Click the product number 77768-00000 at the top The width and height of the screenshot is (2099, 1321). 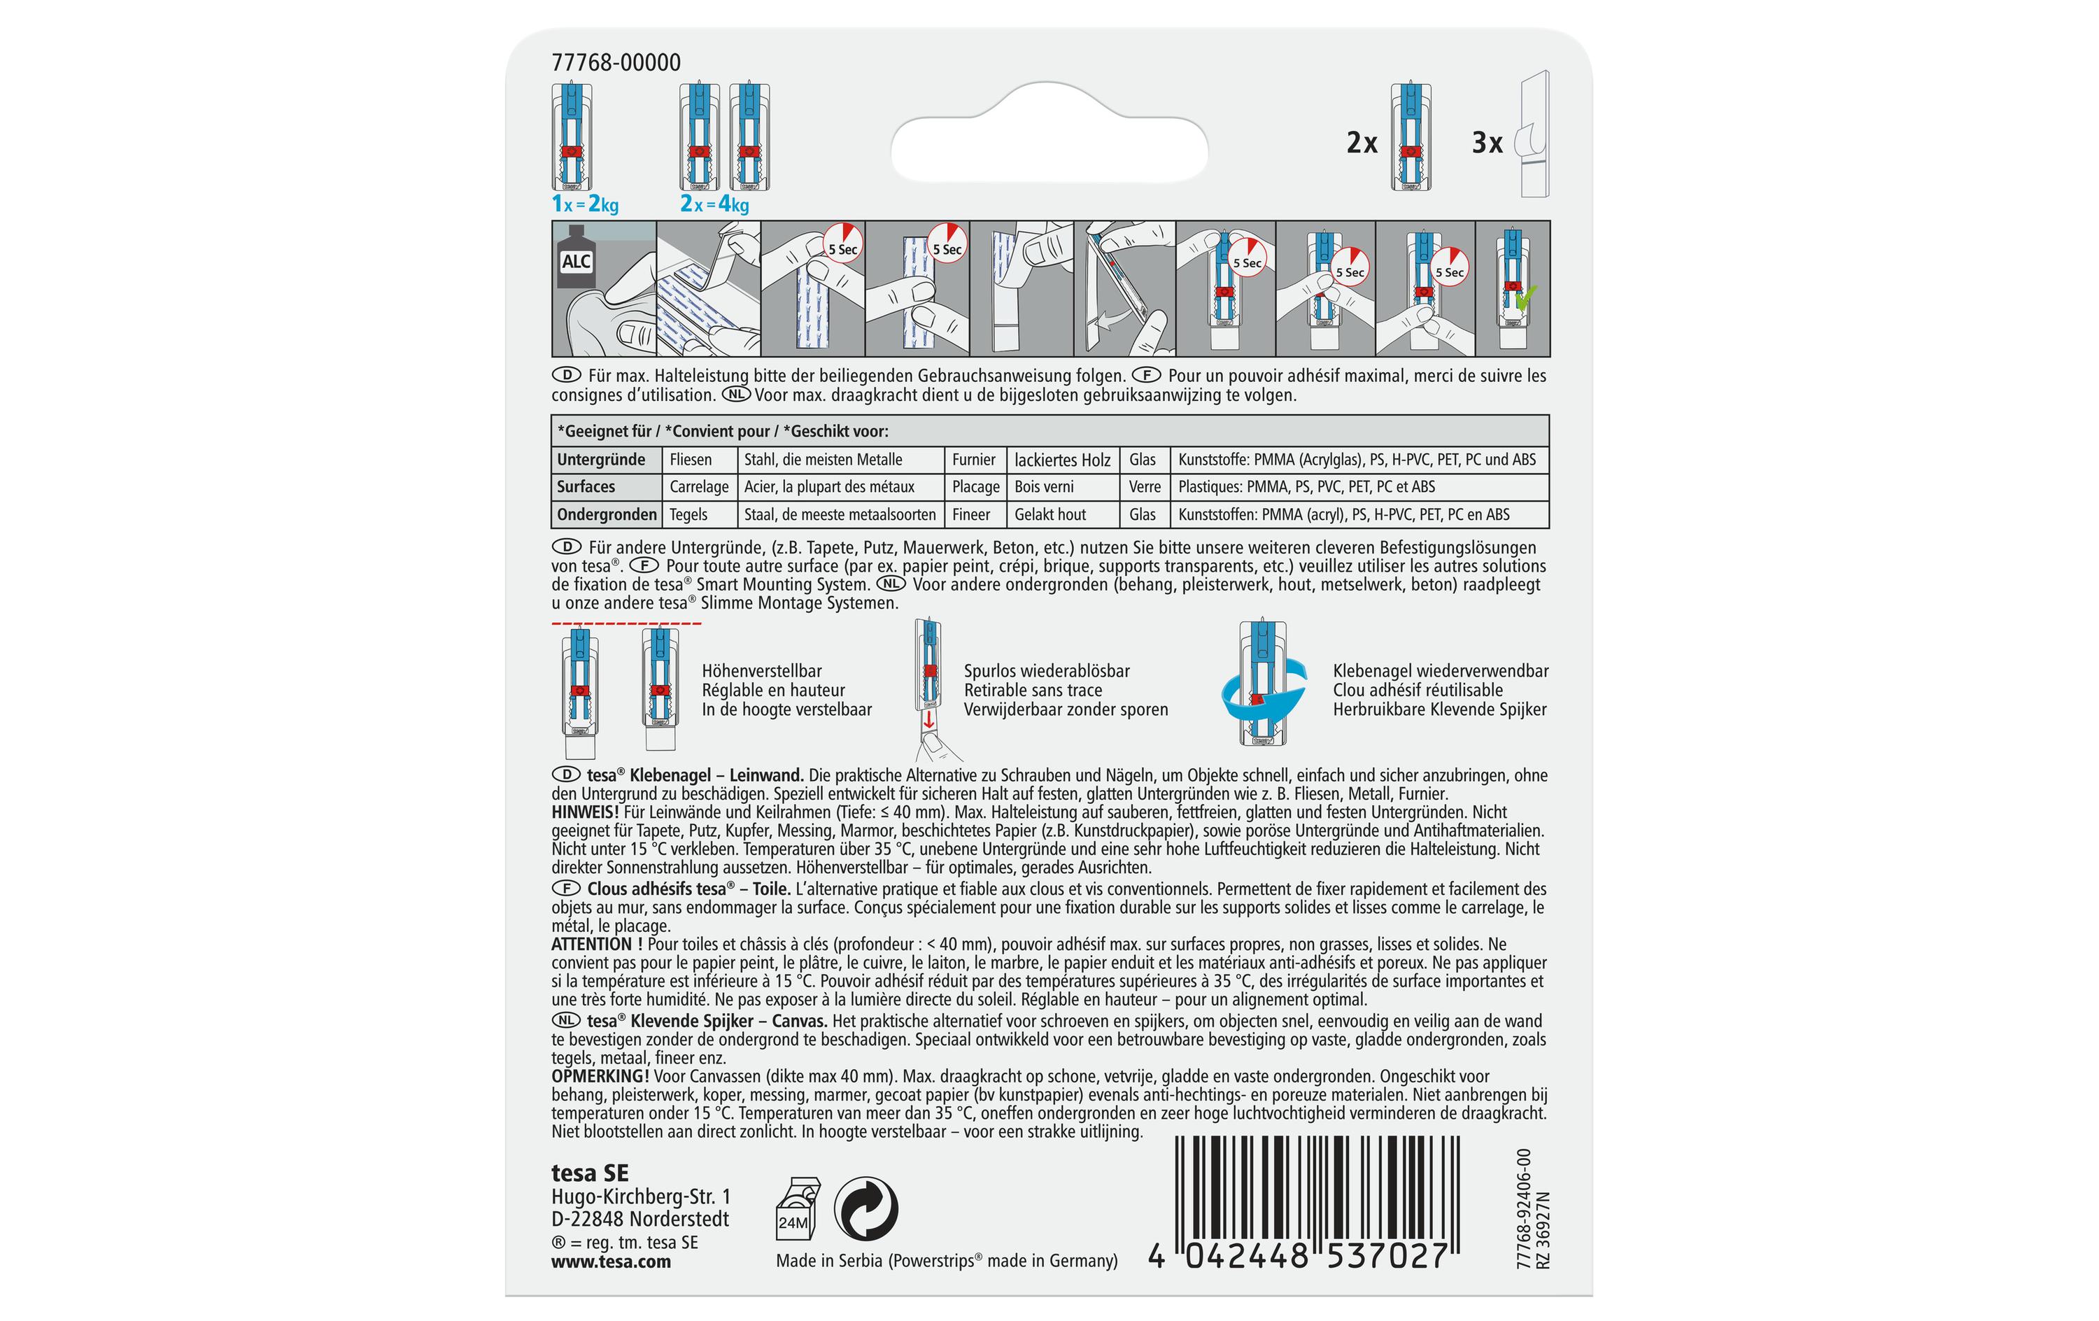616,63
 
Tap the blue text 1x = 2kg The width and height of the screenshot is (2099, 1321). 585,204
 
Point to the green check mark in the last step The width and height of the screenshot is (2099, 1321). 1525,298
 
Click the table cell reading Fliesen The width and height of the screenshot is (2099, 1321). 691,460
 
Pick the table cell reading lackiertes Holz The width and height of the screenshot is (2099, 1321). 1063,460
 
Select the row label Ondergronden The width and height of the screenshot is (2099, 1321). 607,514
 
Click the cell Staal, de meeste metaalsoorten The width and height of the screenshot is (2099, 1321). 840,514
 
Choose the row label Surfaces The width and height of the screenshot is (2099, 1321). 586,486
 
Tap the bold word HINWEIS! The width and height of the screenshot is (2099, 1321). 585,812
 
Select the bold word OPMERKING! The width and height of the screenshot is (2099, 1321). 600,1076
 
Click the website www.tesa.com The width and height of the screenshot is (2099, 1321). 611,1262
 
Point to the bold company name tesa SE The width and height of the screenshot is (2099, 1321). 590,1173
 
